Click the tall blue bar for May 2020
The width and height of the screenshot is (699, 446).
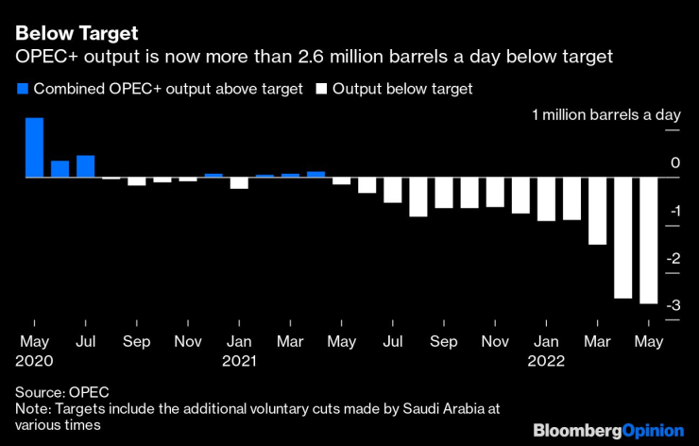tap(34, 148)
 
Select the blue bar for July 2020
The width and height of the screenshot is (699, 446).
tap(85, 166)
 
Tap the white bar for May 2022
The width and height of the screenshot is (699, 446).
tap(648, 240)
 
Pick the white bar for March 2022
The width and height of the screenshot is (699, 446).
tap(597, 211)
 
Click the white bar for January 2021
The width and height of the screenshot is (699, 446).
tap(239, 183)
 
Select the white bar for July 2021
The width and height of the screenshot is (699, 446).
tap(392, 190)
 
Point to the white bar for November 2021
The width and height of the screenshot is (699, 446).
tap(494, 193)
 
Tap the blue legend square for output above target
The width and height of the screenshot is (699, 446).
tap(22, 89)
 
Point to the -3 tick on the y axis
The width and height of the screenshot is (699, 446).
tap(672, 306)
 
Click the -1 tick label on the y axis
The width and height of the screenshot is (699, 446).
tap(672, 211)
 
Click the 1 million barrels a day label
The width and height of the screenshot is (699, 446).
tap(605, 115)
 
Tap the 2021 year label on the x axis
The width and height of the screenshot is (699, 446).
tap(240, 360)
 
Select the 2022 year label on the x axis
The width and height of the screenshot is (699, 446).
tap(546, 360)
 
